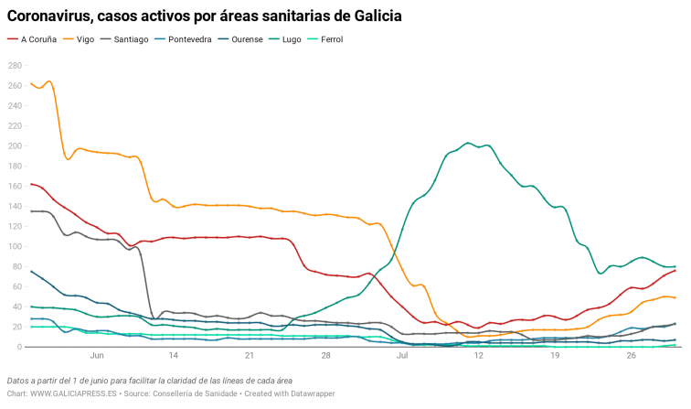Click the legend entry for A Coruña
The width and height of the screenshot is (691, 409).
pos(34,39)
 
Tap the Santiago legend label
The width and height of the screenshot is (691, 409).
pos(131,39)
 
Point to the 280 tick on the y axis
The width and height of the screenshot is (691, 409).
pos(15,65)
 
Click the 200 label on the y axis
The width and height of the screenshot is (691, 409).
pos(15,145)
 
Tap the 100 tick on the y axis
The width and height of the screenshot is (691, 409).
pos(15,246)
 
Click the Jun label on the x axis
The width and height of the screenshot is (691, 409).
pos(97,358)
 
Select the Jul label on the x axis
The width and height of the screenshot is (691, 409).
pos(402,358)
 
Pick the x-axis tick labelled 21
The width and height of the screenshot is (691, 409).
pos(250,358)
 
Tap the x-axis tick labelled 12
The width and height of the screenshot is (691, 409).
pos(478,358)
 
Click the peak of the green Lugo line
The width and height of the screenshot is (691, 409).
pos(468,143)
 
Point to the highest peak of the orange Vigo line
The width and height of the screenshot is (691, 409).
pos(48,81)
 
